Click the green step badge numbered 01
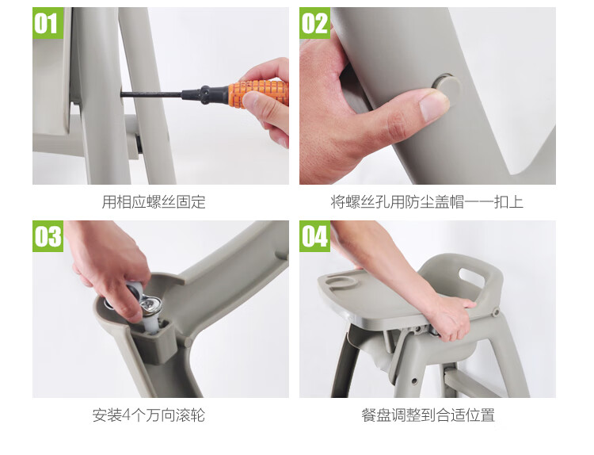click(x=48, y=23)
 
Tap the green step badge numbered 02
click(x=314, y=23)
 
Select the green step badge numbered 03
click(x=48, y=236)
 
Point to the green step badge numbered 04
click(x=314, y=236)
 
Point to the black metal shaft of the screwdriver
click(x=151, y=94)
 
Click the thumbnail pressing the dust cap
click(x=433, y=105)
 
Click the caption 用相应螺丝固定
click(x=154, y=201)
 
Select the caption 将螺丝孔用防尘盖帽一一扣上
click(x=427, y=201)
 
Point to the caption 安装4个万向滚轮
click(x=149, y=415)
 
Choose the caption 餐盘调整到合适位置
click(x=428, y=415)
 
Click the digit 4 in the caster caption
click(x=126, y=415)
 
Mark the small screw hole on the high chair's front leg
click(x=414, y=380)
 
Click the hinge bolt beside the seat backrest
click(x=496, y=313)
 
